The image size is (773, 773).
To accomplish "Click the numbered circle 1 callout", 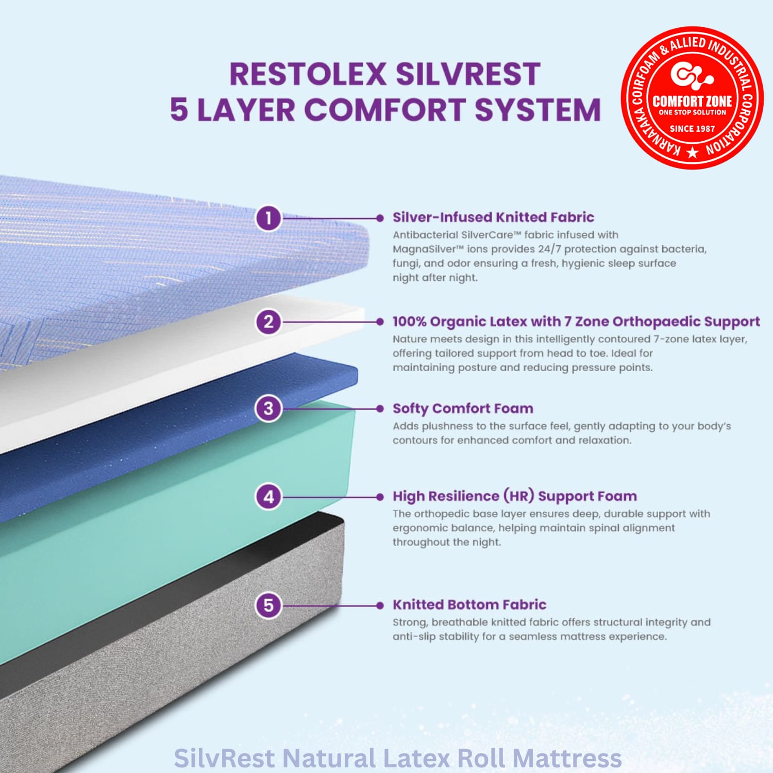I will [268, 218].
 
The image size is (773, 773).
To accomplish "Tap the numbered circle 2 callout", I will [268, 322].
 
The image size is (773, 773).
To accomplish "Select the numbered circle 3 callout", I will [268, 409].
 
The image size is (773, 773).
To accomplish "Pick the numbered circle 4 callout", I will [268, 497].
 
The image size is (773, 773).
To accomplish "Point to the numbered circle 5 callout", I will [268, 605].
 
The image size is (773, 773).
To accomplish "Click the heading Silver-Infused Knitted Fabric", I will [493, 217].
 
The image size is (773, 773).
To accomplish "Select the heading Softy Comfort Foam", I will [463, 409].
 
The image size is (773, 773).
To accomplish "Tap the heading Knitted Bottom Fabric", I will [469, 604].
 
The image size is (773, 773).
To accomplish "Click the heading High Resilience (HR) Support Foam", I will [515, 496].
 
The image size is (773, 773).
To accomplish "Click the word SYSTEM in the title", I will [537, 110].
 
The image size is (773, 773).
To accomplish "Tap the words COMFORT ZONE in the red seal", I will [692, 101].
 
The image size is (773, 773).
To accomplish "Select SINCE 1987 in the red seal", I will [692, 128].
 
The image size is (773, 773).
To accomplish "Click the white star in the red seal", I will [693, 153].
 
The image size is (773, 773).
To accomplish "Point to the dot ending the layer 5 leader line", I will [380, 605].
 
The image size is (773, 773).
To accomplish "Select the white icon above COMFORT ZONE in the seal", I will [692, 75].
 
